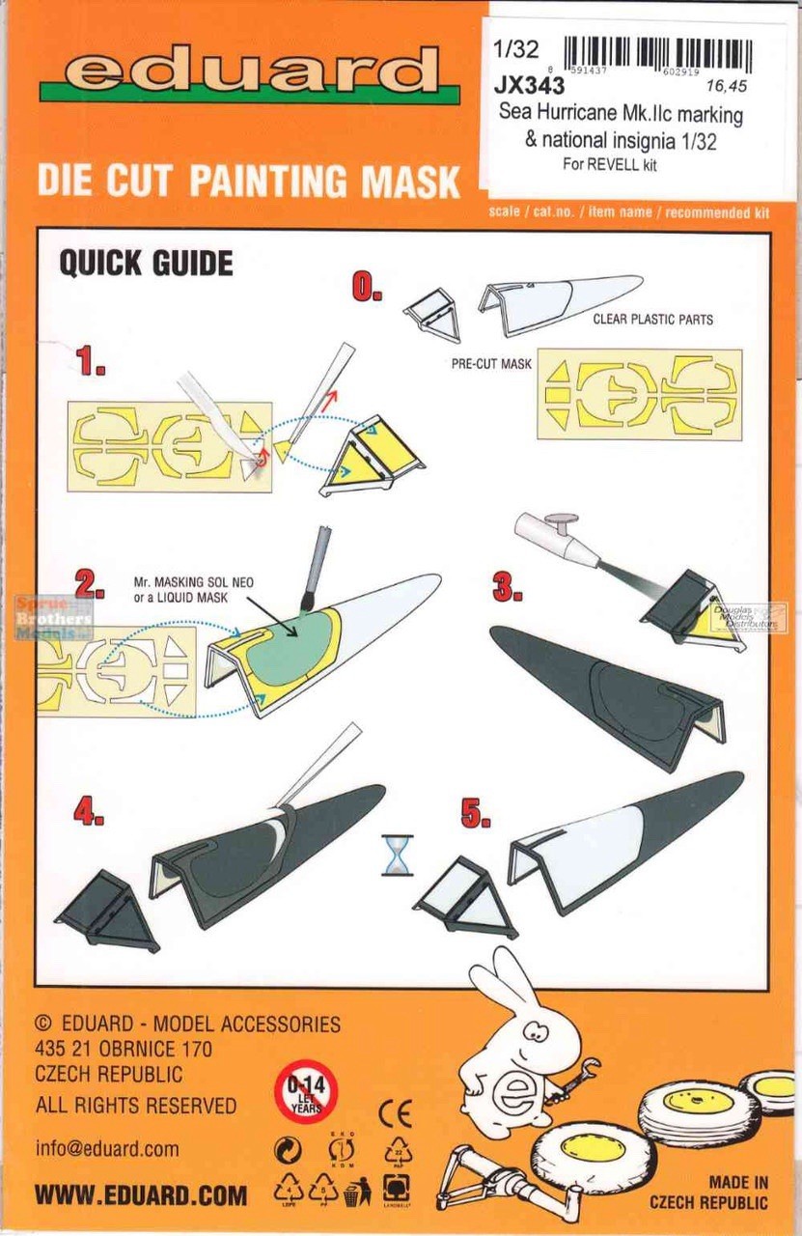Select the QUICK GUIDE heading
(146, 263)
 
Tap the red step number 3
(509, 587)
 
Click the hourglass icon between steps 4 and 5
(396, 856)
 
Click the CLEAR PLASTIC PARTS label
(652, 318)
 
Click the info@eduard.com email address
(107, 1148)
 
